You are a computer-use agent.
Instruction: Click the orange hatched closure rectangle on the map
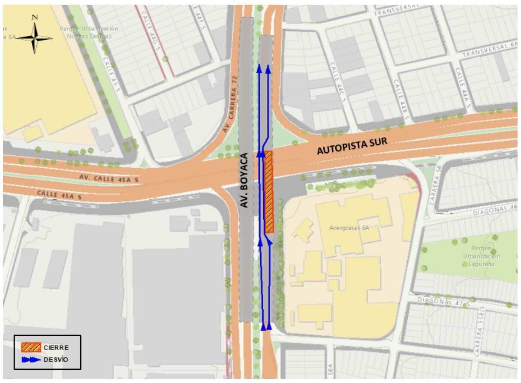click(269, 192)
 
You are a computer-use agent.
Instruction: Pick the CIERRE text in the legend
click(56, 347)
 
